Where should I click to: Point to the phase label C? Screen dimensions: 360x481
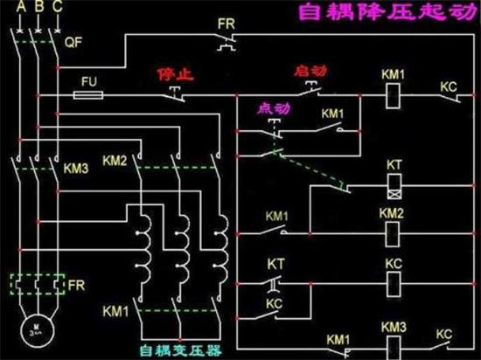(57, 8)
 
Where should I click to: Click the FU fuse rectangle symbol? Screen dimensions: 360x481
(88, 91)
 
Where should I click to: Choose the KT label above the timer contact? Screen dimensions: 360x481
(276, 263)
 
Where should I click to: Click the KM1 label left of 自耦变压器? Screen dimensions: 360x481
(115, 310)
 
